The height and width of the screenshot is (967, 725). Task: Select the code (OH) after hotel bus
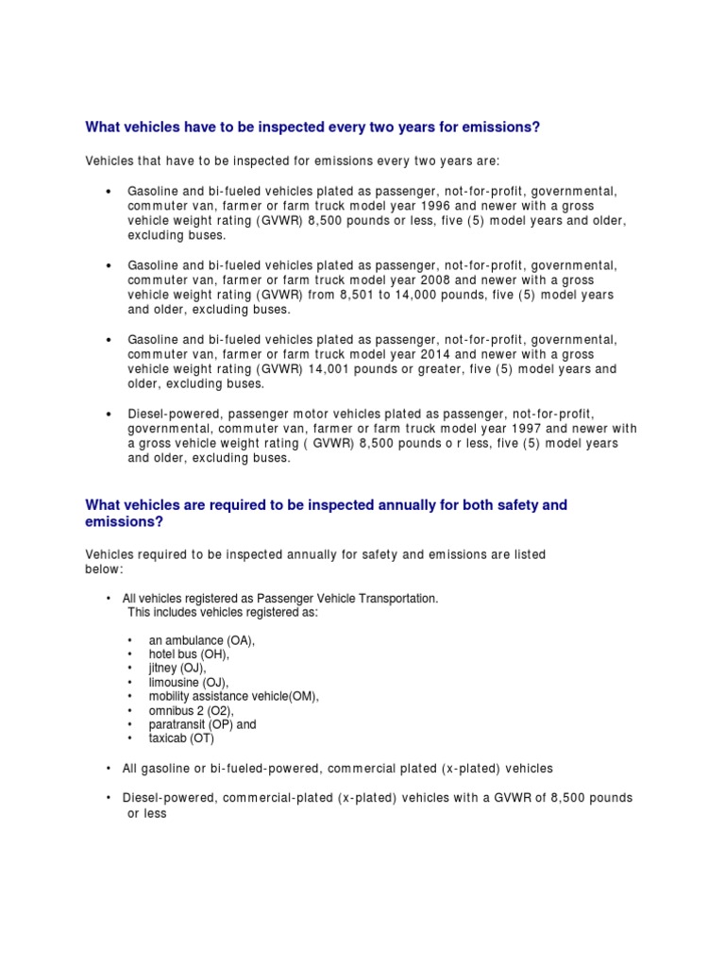point(214,653)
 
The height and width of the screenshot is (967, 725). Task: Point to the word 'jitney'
point(166,668)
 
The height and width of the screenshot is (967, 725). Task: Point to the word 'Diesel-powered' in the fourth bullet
point(171,414)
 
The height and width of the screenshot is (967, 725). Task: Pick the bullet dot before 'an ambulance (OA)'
point(129,639)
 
